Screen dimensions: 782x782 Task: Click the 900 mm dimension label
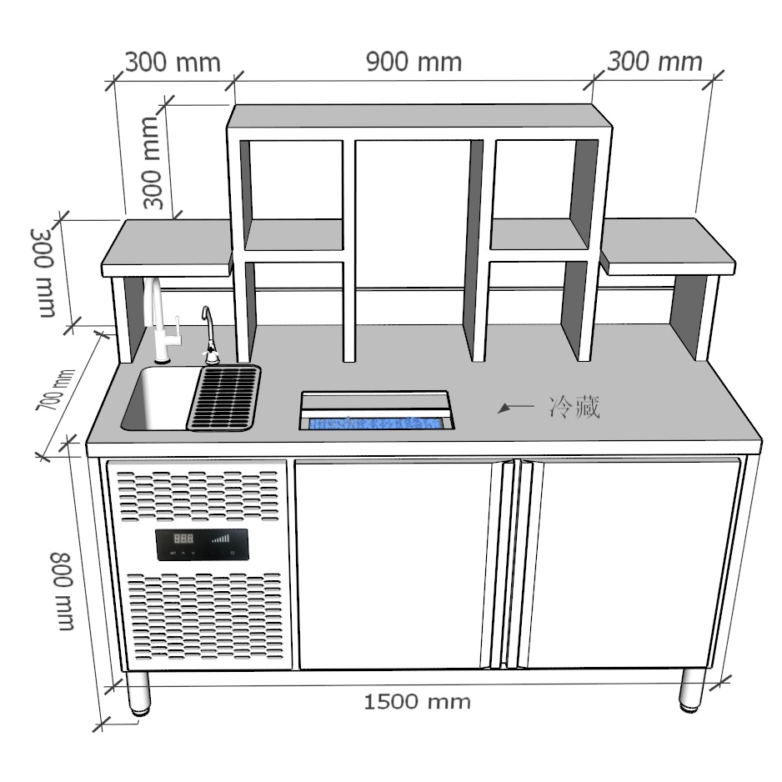(x=414, y=62)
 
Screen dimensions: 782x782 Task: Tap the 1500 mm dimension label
(x=417, y=701)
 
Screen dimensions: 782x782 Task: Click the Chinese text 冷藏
(x=574, y=407)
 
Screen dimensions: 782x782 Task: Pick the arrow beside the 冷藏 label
(x=514, y=407)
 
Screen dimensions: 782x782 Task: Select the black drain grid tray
(x=223, y=398)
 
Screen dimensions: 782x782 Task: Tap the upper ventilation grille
(x=198, y=498)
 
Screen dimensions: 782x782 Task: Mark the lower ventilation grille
(x=204, y=617)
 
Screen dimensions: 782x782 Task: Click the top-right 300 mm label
(x=654, y=61)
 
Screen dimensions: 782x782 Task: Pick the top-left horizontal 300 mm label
(x=173, y=62)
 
